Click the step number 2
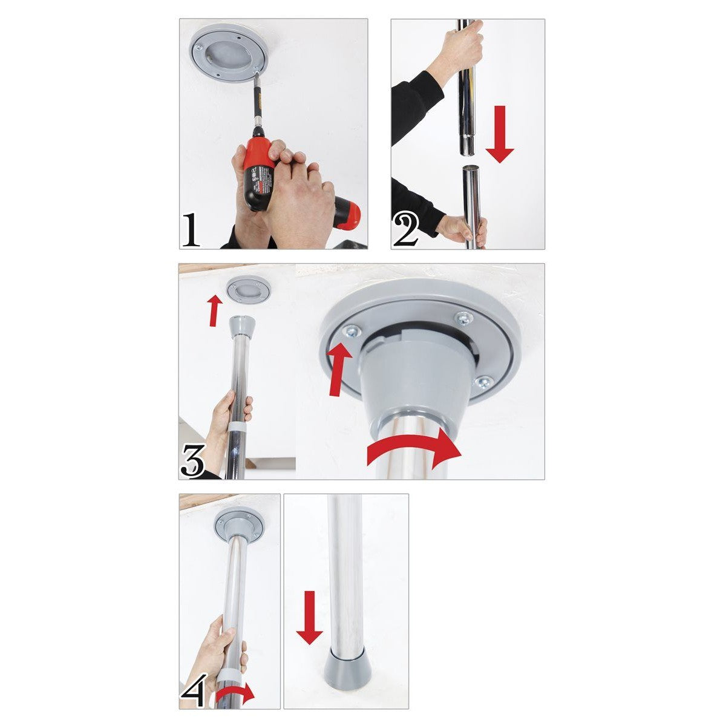pyautogui.click(x=405, y=231)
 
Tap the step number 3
pyautogui.click(x=193, y=460)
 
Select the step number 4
pyautogui.click(x=192, y=690)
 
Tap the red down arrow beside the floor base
pyautogui.click(x=310, y=616)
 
